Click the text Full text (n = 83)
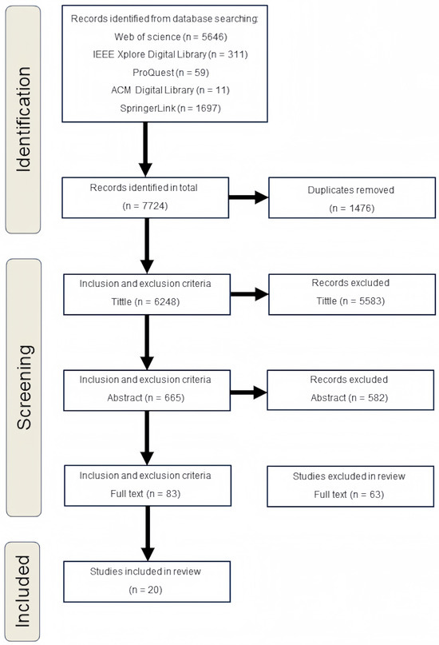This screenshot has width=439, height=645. (146, 493)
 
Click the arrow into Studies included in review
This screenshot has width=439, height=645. (146, 535)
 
